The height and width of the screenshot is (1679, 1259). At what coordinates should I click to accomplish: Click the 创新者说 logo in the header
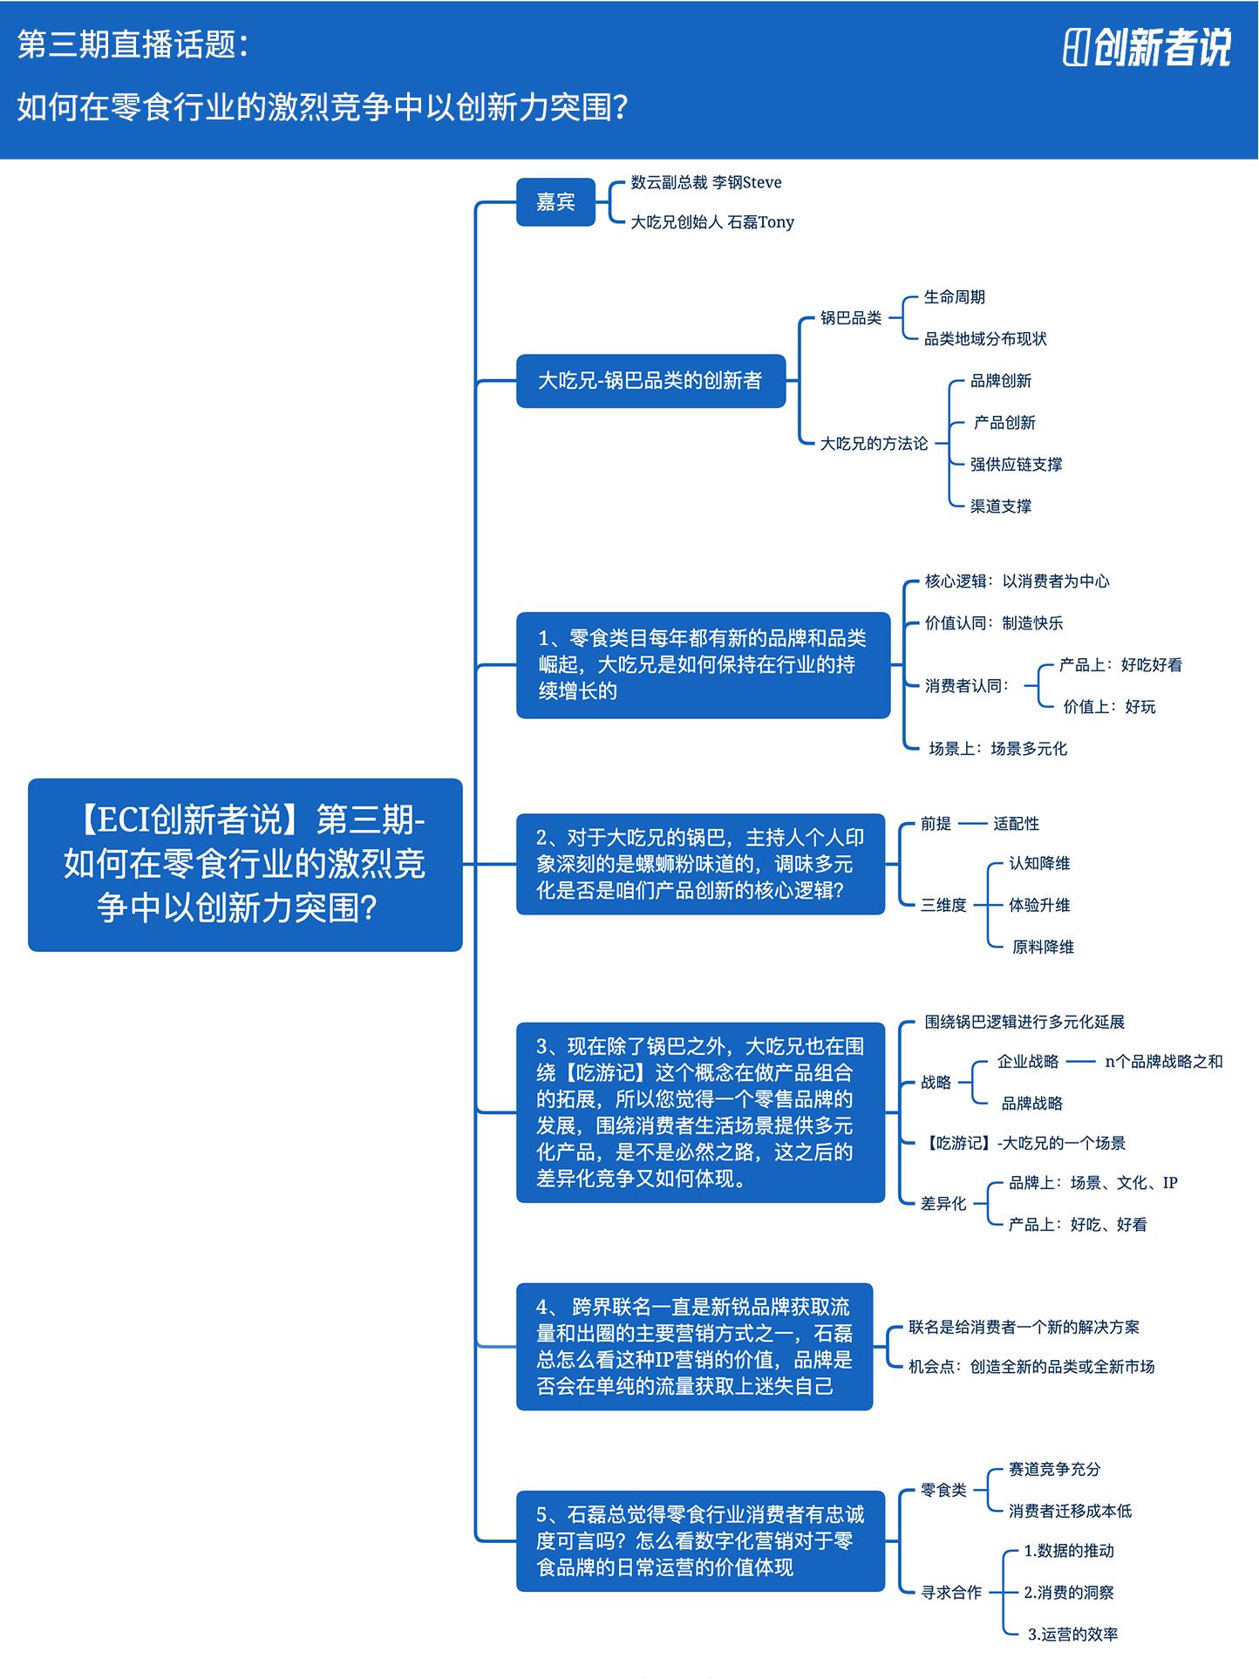tap(1147, 47)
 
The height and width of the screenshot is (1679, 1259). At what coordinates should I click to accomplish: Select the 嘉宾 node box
tap(555, 202)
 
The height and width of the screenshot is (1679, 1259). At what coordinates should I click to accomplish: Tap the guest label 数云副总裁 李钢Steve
tap(706, 182)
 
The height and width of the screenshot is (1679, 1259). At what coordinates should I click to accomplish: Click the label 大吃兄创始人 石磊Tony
tap(712, 222)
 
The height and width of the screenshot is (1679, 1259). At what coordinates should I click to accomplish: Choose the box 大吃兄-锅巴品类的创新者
tap(650, 381)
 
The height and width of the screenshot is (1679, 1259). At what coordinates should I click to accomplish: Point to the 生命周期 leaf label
tap(955, 297)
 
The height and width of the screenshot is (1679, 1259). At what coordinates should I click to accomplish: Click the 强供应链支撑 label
tap(1016, 465)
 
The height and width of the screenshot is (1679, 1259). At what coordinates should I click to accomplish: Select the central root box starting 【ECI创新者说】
tap(245, 865)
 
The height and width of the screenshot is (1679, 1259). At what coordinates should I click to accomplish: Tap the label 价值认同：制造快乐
tap(994, 623)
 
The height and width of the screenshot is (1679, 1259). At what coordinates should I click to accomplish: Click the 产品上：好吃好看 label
tap(1120, 665)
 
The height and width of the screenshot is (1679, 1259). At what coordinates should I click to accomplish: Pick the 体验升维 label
tap(1039, 905)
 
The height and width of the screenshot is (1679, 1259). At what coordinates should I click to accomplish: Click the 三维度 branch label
tap(943, 905)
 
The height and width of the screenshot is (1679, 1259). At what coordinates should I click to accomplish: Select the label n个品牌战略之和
tap(1164, 1062)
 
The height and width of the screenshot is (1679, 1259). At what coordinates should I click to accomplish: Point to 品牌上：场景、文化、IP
tap(1093, 1183)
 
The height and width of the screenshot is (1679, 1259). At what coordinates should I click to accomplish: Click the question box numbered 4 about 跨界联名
tap(694, 1347)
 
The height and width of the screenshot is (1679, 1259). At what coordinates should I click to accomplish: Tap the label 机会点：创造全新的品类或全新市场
tap(1031, 1367)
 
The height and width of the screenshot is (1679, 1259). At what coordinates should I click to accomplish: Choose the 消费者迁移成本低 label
tap(1070, 1511)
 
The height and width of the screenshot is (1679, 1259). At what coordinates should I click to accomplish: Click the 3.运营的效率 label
tap(1072, 1635)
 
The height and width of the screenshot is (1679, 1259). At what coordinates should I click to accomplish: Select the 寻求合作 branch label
tap(951, 1593)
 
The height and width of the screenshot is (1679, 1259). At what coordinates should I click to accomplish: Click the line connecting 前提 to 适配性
tap(971, 824)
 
